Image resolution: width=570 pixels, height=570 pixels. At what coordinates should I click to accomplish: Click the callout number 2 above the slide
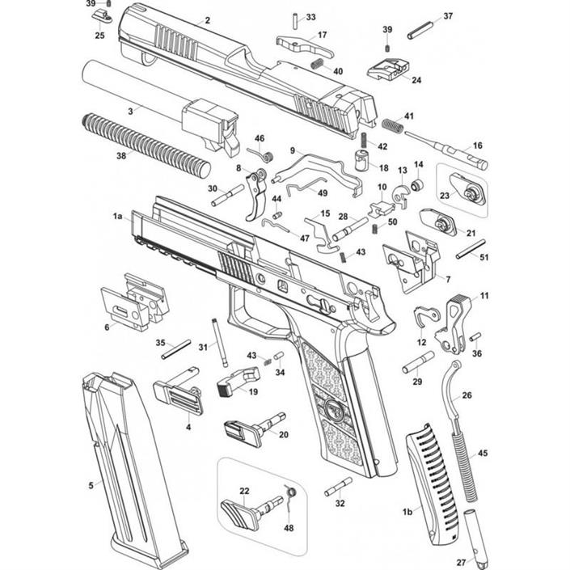pos(208,19)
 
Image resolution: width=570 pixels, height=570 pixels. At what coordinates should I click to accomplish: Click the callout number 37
pos(449,16)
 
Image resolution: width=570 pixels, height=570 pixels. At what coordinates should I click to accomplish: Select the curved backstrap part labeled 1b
pos(437,485)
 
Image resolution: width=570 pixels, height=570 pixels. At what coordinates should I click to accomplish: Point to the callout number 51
pos(485,258)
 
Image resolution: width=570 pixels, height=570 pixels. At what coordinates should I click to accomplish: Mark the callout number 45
pos(483,454)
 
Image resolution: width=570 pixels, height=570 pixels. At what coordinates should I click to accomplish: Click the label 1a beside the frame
pos(117,217)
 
